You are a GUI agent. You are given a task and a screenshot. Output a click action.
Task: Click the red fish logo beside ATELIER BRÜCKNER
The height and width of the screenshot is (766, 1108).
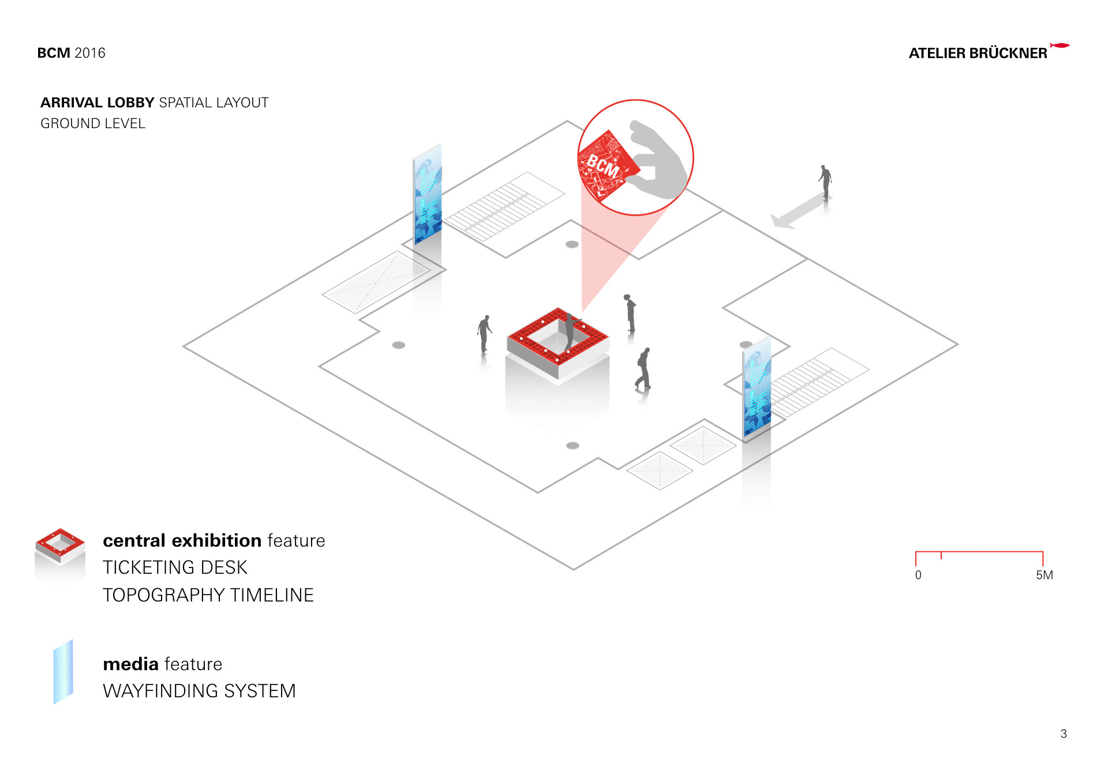coord(1060,45)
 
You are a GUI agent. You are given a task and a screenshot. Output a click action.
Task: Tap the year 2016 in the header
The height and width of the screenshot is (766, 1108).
coord(90,53)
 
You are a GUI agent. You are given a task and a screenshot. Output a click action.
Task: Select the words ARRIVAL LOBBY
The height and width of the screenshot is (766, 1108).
coord(97,103)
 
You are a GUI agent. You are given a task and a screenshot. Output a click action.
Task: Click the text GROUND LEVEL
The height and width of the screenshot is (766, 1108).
coord(93,124)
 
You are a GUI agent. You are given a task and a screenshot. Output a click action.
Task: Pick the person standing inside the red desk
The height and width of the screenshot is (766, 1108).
coord(570,331)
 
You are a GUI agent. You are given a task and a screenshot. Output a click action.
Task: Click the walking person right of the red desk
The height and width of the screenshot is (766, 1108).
coord(643,369)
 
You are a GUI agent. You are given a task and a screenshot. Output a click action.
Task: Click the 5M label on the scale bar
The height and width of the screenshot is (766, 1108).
coord(1044,575)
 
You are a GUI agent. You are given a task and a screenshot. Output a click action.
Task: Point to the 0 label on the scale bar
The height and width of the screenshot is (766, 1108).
coord(918,575)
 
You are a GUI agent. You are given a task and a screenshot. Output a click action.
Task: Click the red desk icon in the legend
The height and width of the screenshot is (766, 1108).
coord(60,547)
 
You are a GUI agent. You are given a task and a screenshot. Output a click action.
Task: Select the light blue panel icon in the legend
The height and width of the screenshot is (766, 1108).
coord(63,672)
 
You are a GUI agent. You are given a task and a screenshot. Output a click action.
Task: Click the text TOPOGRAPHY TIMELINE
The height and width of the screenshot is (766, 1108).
coord(208,595)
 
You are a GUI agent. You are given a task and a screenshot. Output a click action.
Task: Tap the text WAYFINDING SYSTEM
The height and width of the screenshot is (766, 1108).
coord(199,691)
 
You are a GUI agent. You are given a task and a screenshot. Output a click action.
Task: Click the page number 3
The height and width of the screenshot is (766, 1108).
coord(1064,734)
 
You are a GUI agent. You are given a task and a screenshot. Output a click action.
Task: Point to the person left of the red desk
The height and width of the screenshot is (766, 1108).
coord(485,334)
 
